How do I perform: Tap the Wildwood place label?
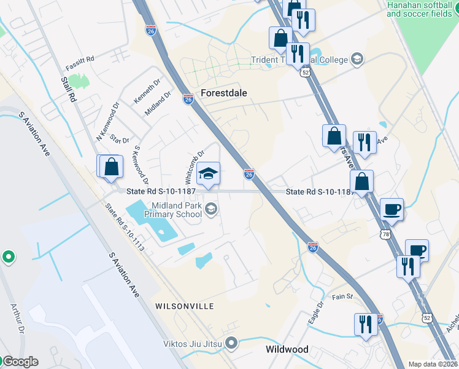tap(287, 349)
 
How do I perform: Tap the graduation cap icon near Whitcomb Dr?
tap(209, 174)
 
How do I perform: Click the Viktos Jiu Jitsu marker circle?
tap(231, 342)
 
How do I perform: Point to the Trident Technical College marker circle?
tap(357, 59)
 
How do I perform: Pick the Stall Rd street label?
tap(68, 88)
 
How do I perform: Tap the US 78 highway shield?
tap(385, 234)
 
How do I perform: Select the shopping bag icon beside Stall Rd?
tap(111, 167)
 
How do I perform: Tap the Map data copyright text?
tap(433, 364)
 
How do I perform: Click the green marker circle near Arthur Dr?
tap(8, 256)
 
